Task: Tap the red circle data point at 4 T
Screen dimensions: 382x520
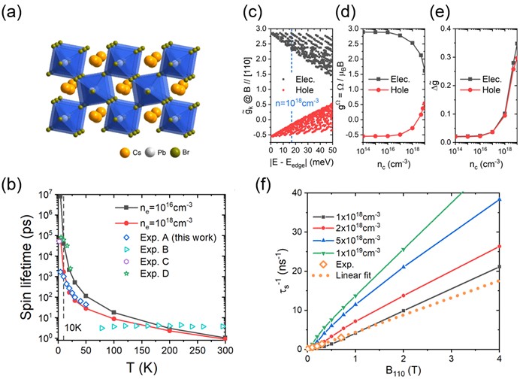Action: click(x=499, y=246)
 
